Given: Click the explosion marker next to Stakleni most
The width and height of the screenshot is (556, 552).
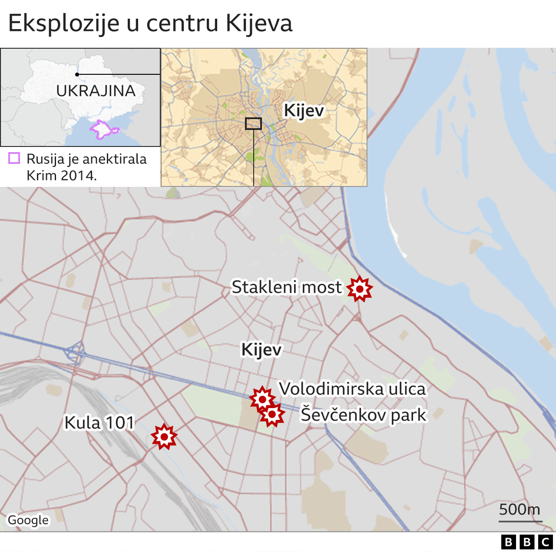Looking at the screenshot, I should click(x=360, y=289).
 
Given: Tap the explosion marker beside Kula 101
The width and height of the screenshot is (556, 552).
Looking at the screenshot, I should click(x=164, y=436).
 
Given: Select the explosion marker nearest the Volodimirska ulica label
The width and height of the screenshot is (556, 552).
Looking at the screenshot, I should click(x=262, y=399).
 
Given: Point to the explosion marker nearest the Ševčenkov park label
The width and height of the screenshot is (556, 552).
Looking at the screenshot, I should click(x=272, y=414).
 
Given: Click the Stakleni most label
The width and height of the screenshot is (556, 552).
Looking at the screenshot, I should click(x=287, y=287).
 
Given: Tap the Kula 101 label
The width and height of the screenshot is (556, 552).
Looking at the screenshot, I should click(x=99, y=422).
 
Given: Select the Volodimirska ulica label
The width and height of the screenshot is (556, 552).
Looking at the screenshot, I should click(x=352, y=389).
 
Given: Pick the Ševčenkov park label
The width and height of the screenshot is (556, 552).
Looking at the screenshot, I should click(x=364, y=415).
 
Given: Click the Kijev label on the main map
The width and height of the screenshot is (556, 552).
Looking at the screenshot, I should click(x=261, y=349).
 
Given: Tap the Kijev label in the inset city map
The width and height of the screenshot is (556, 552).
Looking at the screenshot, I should click(x=304, y=110).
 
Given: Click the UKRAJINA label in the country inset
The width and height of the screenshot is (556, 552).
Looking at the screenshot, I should click(x=96, y=91).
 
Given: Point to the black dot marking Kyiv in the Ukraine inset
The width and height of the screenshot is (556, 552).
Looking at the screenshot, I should click(x=77, y=74).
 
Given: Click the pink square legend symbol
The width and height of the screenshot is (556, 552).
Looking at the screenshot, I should click(x=14, y=158).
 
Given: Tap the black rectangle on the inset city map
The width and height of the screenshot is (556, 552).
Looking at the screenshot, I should click(x=253, y=123).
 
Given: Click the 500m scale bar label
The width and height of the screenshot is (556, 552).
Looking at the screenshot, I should click(x=520, y=509).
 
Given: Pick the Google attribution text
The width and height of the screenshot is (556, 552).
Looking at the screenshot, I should click(x=28, y=520).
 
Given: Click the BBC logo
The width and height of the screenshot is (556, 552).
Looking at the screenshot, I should click(x=526, y=542).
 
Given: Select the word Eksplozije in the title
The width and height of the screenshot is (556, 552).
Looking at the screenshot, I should click(x=64, y=23).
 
